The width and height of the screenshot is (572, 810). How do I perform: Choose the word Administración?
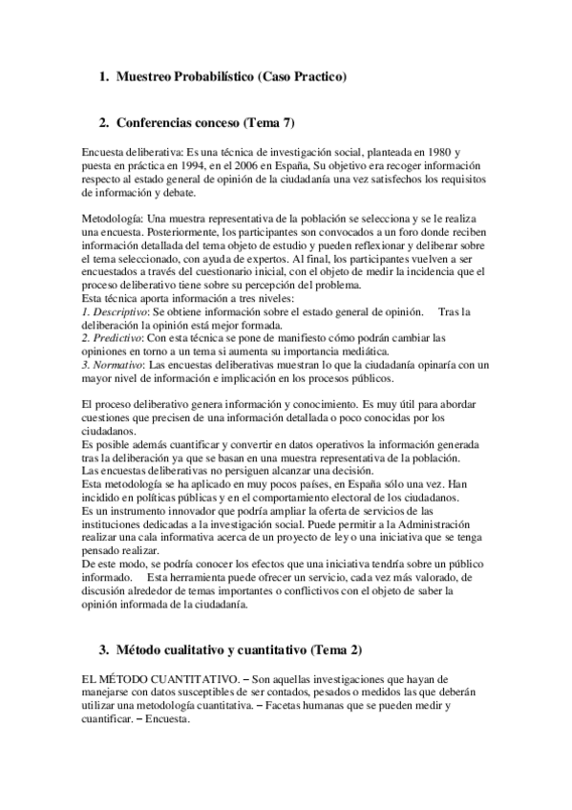(420, 526)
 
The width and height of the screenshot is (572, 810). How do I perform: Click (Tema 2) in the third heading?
(337, 650)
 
